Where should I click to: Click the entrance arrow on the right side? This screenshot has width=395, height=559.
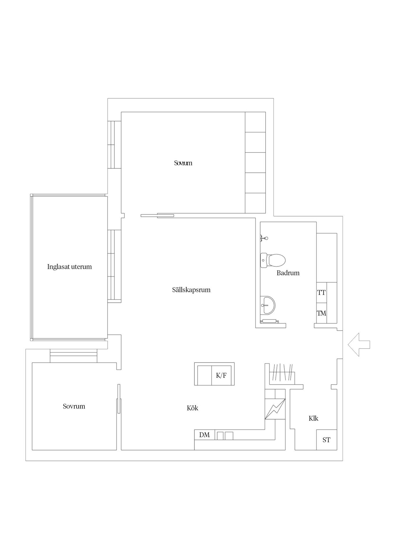tap(359, 344)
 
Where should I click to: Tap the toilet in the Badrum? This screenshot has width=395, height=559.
tap(273, 260)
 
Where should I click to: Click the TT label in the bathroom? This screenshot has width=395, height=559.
tap(321, 293)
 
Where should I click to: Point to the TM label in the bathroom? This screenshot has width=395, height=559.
tap(321, 313)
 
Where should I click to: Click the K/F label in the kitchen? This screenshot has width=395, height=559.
tap(221, 375)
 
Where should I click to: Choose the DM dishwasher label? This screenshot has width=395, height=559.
tap(204, 435)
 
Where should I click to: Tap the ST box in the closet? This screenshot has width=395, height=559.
tap(327, 440)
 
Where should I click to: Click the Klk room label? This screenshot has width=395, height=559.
tap(313, 418)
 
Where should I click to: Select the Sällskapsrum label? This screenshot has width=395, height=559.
tap(191, 290)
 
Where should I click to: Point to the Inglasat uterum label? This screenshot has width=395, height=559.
tap(70, 267)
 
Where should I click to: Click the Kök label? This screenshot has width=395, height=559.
tap(192, 408)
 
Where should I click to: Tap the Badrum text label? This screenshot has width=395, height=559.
tap(288, 273)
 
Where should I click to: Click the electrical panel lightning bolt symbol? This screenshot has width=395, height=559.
tap(275, 409)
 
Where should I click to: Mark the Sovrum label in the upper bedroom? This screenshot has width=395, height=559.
tap(183, 163)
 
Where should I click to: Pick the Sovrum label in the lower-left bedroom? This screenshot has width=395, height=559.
tap(74, 406)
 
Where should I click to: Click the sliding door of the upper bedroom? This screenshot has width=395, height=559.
tap(157, 215)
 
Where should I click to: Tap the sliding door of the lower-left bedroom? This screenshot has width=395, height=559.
tap(119, 399)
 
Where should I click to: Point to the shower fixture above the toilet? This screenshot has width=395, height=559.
tap(264, 238)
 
